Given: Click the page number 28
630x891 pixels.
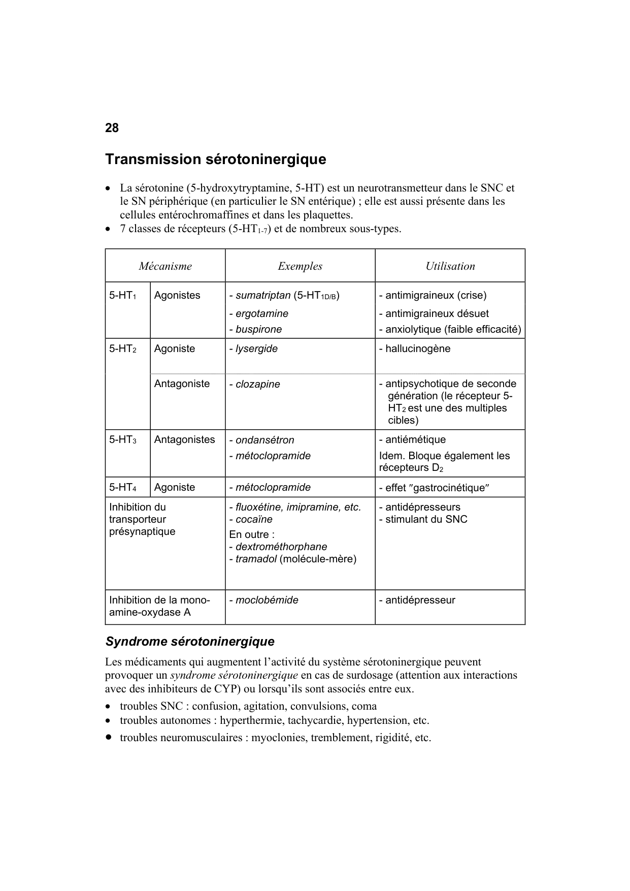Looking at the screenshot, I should pos(112,128).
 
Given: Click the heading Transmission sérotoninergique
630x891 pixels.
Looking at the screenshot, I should pos(215,160).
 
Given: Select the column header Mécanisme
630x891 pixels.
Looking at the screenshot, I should pos(165,266).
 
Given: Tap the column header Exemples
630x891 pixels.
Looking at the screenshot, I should pos(300,266).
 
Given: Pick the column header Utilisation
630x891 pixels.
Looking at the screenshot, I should pos(450,266).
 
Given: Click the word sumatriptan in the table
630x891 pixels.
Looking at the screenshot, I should pos(263,296).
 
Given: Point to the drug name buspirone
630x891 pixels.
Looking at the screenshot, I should pos(258,330).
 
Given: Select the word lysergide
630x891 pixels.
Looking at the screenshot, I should pos(256,349).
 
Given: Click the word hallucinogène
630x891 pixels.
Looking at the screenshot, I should pos(417,349).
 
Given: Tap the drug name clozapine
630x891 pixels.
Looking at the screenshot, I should pos(257,385).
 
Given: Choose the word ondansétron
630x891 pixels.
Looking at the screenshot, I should pos(264,440).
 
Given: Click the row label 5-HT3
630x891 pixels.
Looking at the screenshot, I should pos(122,440).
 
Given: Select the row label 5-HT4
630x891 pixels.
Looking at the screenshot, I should pos(122,488).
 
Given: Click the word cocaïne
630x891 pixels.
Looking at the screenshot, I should pos(254,520).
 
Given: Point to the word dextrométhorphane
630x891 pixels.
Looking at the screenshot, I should pos(281,547).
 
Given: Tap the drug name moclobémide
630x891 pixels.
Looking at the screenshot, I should pos(267,600).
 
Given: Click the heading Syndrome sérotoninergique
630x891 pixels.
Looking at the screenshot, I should pos(190,642).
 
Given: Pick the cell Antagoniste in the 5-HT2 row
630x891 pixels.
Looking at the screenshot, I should pos(182,384).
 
